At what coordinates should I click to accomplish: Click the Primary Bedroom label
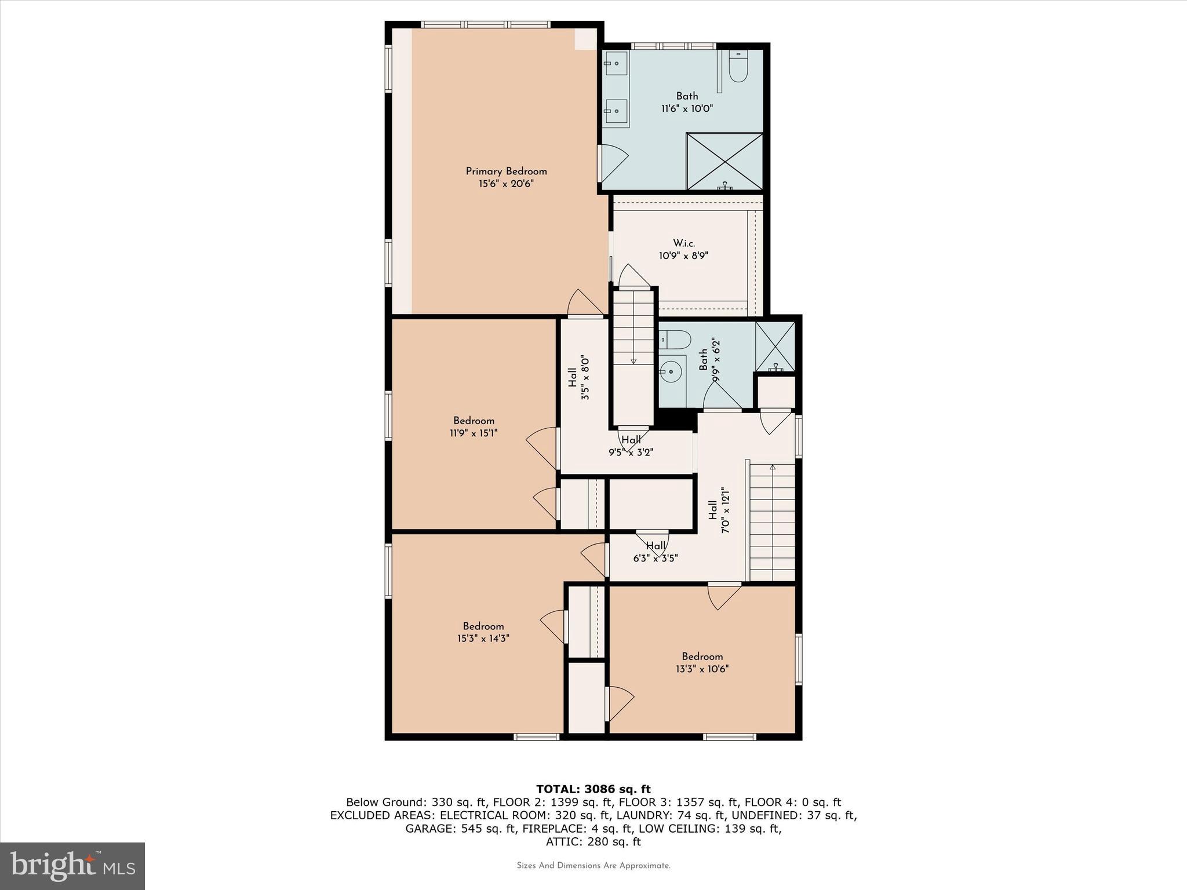(506, 172)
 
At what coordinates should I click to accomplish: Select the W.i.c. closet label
(684, 243)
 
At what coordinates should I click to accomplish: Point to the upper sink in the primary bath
(616, 63)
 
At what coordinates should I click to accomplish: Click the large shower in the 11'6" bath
(724, 161)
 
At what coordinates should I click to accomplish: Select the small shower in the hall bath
(775, 346)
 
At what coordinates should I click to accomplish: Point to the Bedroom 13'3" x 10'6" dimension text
(702, 669)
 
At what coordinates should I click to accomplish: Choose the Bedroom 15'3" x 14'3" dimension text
(483, 639)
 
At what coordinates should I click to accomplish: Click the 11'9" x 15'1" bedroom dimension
(474, 433)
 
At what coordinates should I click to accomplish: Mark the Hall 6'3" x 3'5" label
(656, 552)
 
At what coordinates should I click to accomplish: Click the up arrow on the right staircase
(773, 467)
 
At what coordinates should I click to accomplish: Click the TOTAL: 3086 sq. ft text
(593, 789)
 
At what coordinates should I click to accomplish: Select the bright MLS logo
(72, 866)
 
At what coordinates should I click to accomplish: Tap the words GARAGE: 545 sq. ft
(460, 829)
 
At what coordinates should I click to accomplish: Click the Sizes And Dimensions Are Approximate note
(593, 866)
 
